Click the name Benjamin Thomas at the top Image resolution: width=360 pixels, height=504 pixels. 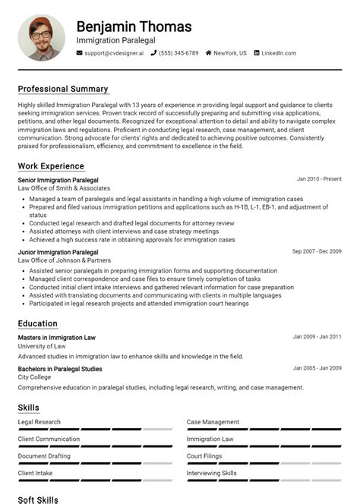pos(134,27)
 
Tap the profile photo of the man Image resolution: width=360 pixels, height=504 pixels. pos(43,36)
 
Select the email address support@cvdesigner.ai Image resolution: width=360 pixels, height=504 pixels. pos(114,53)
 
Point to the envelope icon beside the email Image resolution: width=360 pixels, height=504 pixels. pos(80,53)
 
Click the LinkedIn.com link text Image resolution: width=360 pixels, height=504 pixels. pos(279,53)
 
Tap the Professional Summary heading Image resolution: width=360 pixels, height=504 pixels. pos(63,89)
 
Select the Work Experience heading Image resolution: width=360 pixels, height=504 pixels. pos(51,166)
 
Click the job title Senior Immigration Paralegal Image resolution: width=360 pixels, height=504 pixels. pos(58,180)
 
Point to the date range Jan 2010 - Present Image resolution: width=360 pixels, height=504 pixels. pos(319,179)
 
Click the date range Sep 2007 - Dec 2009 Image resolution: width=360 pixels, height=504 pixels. pos(317,251)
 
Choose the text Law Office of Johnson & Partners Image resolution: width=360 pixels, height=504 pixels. pos(64,260)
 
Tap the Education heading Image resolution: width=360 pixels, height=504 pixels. pos(37,323)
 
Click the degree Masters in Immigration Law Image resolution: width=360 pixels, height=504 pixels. pos(56,337)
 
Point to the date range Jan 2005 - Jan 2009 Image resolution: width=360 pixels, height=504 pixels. pos(317,368)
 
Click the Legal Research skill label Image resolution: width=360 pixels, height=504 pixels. pos(39,422)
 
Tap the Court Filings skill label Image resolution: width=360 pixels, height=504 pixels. pos(205,456)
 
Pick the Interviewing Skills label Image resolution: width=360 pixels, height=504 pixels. pos(212,473)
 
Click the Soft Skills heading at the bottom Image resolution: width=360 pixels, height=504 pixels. pos(38,499)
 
